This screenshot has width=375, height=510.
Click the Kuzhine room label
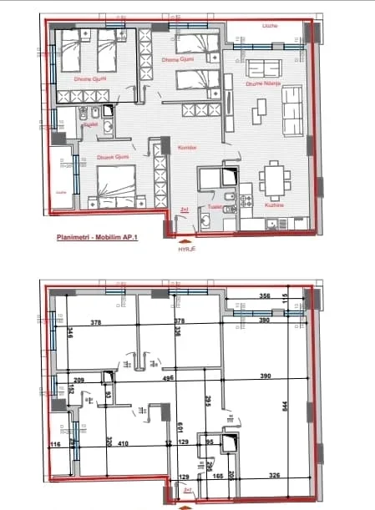tap(276, 204)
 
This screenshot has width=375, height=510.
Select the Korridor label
tap(185, 147)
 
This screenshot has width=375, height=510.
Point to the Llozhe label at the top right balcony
tap(269, 26)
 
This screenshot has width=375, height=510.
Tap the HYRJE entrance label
tap(185, 248)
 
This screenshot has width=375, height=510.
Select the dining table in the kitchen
tap(273, 178)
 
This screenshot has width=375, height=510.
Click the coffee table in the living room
tap(261, 107)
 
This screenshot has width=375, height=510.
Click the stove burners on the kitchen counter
tap(245, 200)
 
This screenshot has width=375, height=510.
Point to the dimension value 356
tap(265, 296)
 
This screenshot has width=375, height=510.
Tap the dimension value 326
tap(275, 476)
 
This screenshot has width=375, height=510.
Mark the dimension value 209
tap(67, 380)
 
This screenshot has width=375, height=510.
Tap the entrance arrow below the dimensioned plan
tap(185, 503)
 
